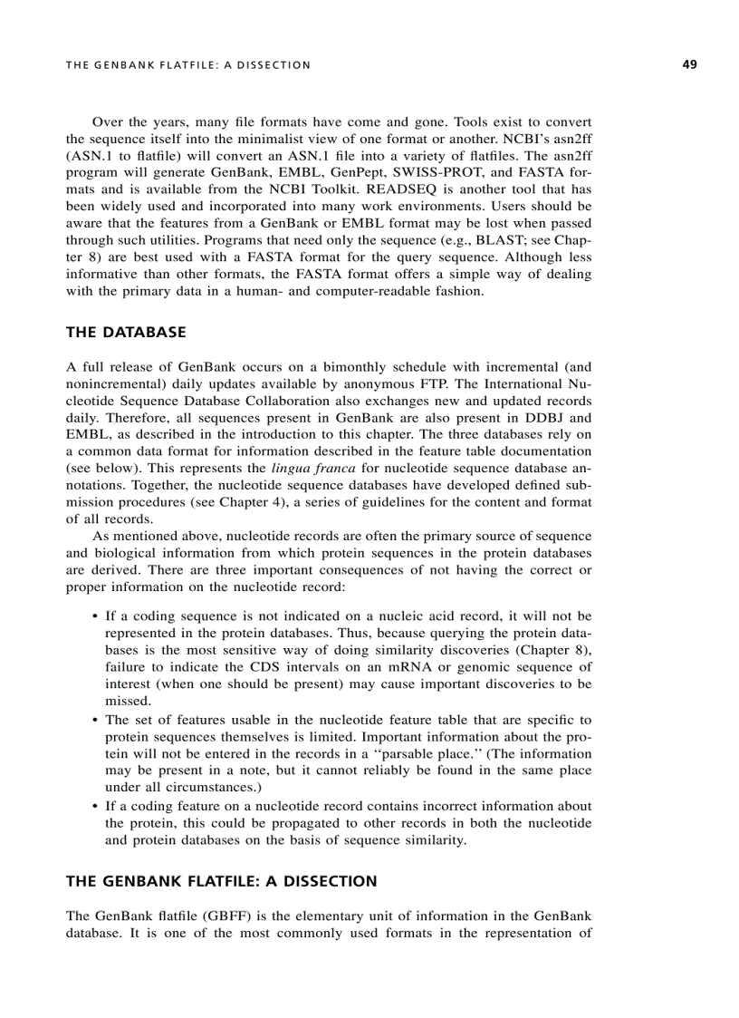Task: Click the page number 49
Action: click(x=689, y=64)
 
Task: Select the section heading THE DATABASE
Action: click(x=126, y=333)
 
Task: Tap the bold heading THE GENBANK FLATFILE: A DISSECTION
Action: click(x=221, y=881)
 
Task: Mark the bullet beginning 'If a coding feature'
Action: click(x=95, y=806)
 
